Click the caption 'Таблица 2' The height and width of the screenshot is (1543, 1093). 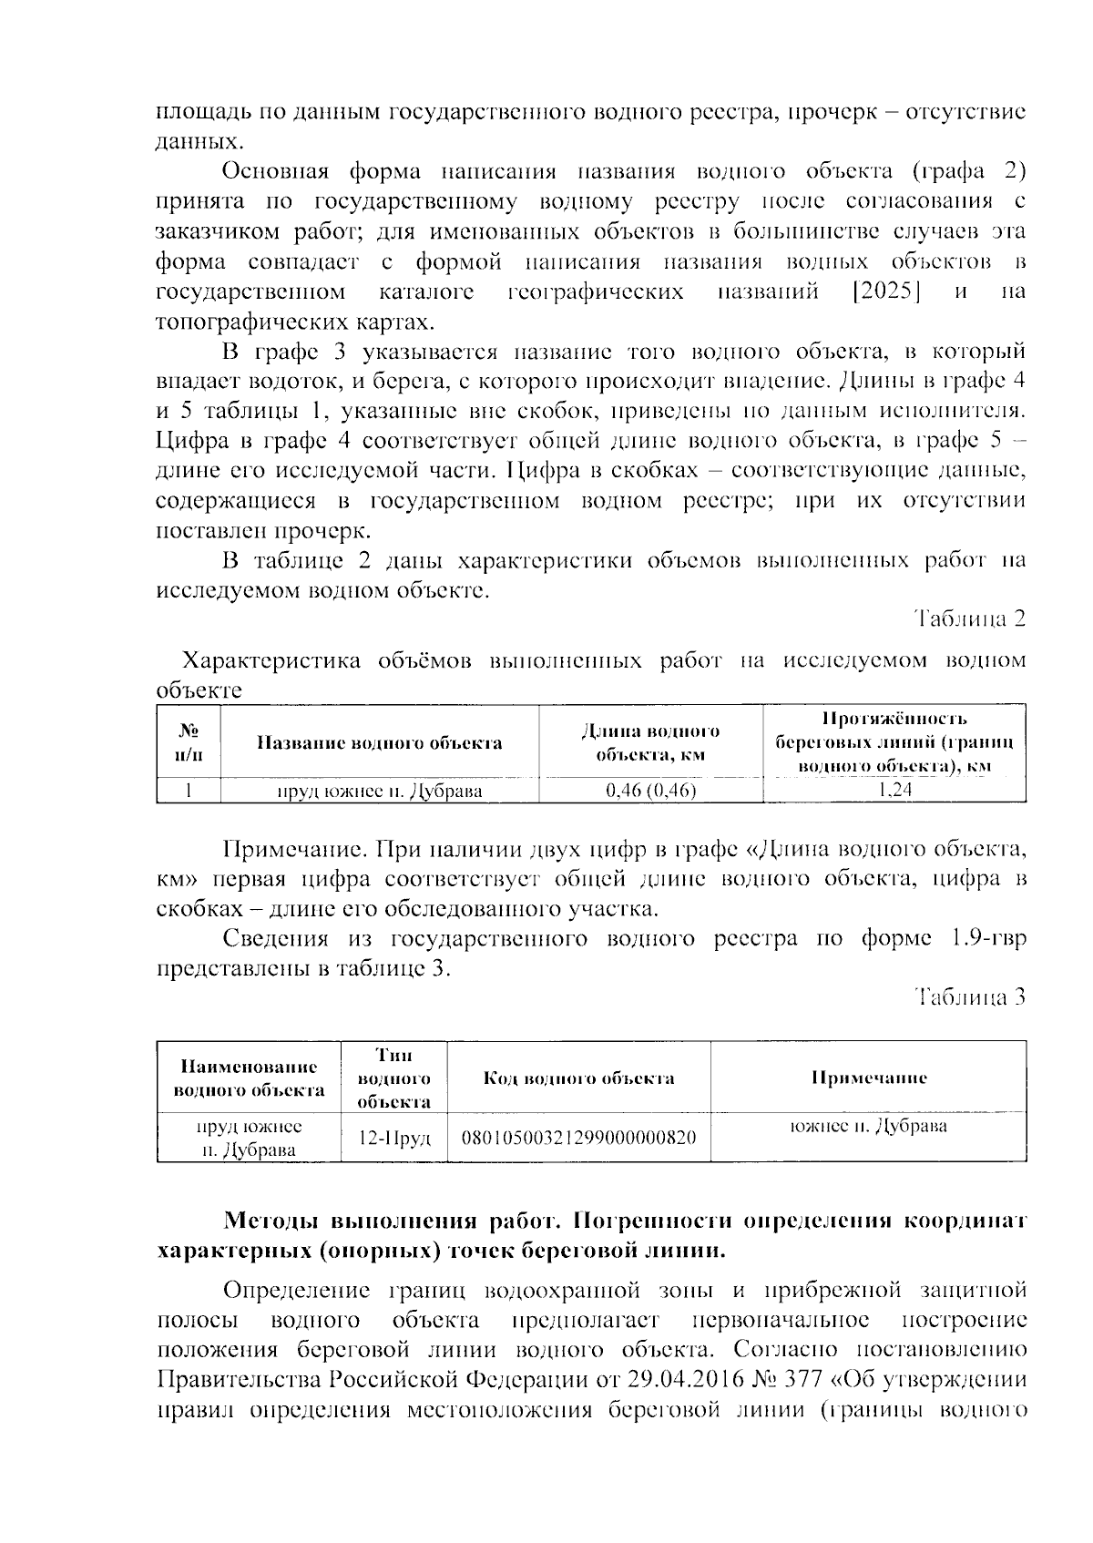[x=970, y=619]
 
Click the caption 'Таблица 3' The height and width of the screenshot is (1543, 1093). [x=970, y=997]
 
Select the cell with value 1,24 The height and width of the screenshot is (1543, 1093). [x=894, y=790]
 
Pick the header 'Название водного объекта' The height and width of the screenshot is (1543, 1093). [x=379, y=743]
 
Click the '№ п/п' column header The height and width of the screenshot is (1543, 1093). [x=189, y=743]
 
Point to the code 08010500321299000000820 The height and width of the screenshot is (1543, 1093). [x=579, y=1137]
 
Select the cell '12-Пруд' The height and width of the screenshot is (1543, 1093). [x=394, y=1137]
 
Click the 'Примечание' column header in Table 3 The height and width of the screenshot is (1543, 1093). [x=869, y=1078]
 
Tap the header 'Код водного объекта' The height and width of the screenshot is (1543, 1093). [x=579, y=1078]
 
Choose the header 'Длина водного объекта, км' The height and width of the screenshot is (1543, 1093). [x=650, y=743]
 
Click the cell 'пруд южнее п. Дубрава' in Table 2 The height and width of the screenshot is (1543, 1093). [x=379, y=791]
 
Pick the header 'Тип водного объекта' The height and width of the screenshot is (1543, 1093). [x=394, y=1078]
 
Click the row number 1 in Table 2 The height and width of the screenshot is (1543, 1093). [x=189, y=791]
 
